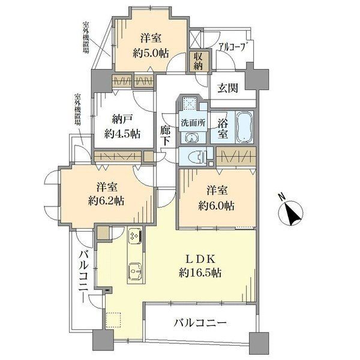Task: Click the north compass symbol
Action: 290,213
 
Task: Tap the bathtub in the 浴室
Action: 244,127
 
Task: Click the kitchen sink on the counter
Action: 135,271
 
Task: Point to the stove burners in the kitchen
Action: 135,236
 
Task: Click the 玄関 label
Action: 228,88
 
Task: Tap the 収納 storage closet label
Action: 198,61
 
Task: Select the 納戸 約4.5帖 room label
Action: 122,126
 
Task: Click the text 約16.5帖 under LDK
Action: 200,273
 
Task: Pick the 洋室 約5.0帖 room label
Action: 151,46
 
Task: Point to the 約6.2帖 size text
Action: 106,201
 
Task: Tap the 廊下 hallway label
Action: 165,136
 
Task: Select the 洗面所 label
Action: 193,123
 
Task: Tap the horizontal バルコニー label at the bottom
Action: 200,323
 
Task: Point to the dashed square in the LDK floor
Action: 114,319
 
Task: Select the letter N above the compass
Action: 281,197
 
